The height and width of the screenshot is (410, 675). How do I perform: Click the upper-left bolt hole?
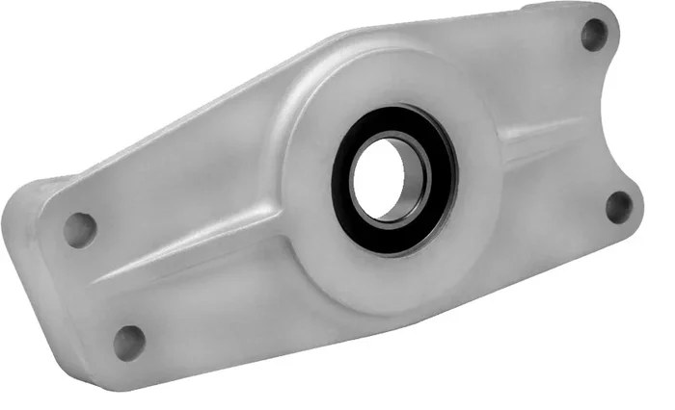click(x=80, y=229)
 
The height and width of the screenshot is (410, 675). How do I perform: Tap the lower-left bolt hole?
click(x=128, y=339)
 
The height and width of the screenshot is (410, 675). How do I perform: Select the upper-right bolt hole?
click(x=595, y=37)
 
